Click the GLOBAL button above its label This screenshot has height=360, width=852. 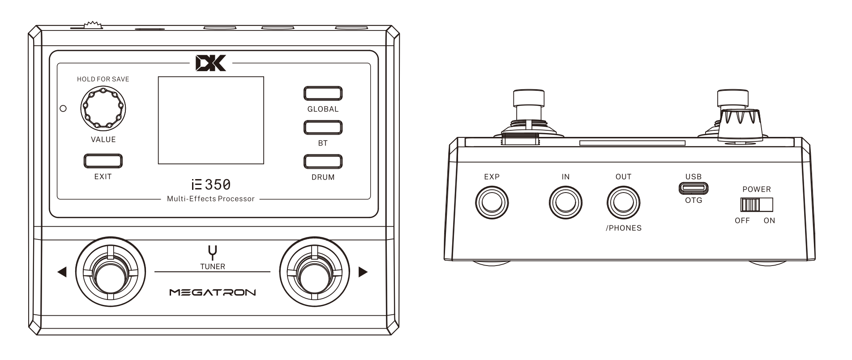(x=323, y=94)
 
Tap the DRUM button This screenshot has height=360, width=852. (x=323, y=162)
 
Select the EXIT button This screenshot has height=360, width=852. (x=103, y=161)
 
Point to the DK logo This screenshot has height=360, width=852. (x=211, y=63)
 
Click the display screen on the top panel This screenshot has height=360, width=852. (x=211, y=120)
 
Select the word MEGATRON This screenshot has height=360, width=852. (x=213, y=293)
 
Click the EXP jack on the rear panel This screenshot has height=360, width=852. (x=492, y=202)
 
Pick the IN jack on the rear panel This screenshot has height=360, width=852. (x=565, y=202)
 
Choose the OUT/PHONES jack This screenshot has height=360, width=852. (x=623, y=202)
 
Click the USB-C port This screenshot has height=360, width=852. (x=694, y=188)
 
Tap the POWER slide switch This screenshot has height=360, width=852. (x=756, y=205)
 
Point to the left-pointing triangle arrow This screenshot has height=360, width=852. (x=62, y=272)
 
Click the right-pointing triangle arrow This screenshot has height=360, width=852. (x=363, y=272)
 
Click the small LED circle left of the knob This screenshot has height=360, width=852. (x=63, y=108)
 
